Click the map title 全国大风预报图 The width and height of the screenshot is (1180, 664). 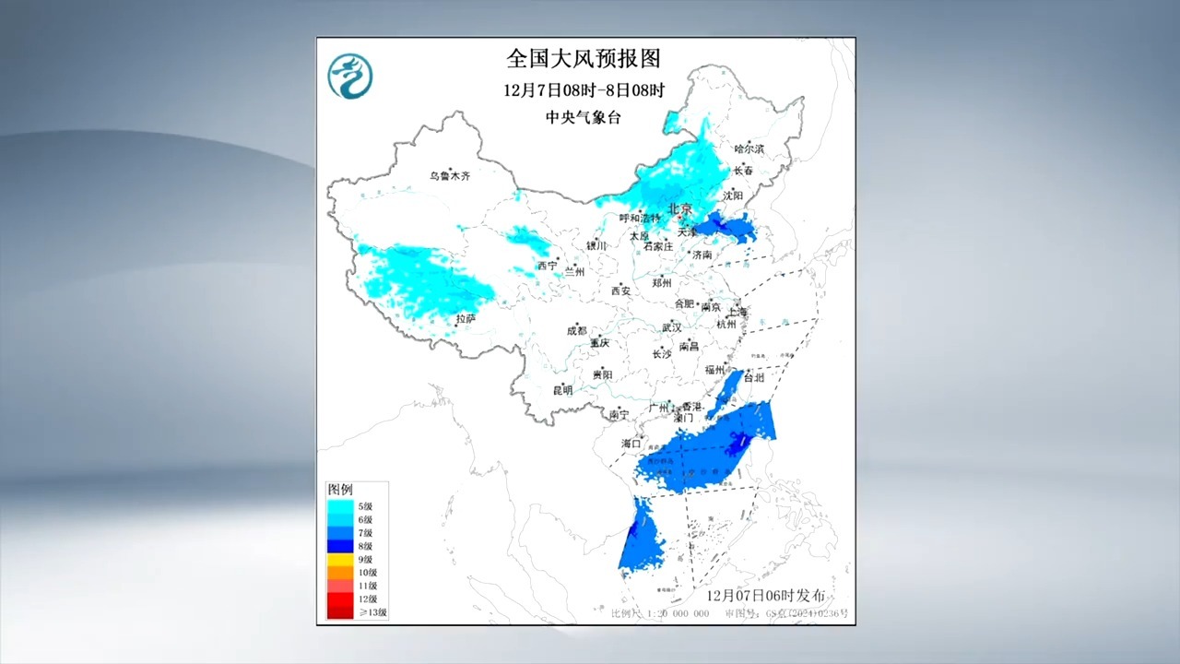tap(584, 59)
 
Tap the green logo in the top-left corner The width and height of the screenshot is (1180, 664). tap(350, 76)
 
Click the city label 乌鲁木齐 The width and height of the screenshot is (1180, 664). tap(449, 175)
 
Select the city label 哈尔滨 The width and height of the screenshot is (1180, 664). tap(749, 148)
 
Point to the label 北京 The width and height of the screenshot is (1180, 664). tap(679, 209)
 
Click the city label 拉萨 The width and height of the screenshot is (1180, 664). tap(466, 318)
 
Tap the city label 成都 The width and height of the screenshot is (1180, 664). tap(576, 330)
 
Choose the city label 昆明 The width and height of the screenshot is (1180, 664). tap(561, 390)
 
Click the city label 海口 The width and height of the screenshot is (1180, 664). tap(631, 444)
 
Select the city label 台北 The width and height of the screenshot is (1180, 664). tap(753, 377)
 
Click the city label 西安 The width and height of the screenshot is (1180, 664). tap(620, 290)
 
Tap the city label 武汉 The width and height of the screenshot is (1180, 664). tap(670, 327)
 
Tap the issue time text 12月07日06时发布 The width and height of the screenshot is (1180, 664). tap(765, 596)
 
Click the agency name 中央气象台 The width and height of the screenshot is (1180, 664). tap(583, 117)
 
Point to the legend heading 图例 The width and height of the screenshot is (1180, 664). tap(340, 489)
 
